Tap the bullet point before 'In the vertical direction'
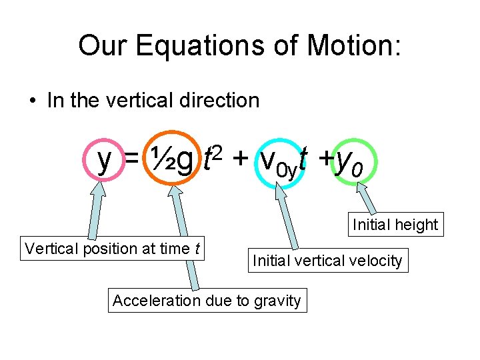pos(33,101)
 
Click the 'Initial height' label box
pos(395,225)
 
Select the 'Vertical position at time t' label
pos(113,249)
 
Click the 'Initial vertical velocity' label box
pos(327,261)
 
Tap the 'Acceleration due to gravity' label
pos(207,301)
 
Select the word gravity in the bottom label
pos(277,301)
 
